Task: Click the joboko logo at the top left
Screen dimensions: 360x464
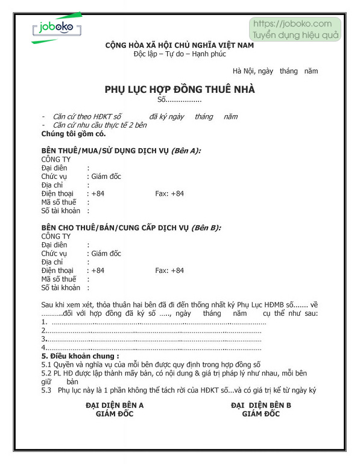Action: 56,28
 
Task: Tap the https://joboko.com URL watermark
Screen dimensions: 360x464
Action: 292,24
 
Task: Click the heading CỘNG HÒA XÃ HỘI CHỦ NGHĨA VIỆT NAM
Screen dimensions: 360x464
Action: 180,45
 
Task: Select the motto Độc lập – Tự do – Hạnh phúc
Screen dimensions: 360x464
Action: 180,54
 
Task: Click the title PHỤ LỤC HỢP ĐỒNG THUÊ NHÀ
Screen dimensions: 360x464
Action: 180,89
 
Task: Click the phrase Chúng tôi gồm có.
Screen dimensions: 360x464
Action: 69,133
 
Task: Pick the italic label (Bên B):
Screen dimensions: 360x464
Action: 206,228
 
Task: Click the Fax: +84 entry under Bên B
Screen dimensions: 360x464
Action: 169,271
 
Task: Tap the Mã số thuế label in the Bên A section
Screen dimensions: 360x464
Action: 59,202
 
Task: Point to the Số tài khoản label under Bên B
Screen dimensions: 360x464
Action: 61,288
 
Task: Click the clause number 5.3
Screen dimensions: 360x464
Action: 46,390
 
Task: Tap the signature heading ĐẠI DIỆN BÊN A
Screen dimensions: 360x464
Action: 115,405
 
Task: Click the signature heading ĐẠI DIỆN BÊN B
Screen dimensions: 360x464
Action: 261,405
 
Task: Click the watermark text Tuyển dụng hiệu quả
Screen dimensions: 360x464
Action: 296,35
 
